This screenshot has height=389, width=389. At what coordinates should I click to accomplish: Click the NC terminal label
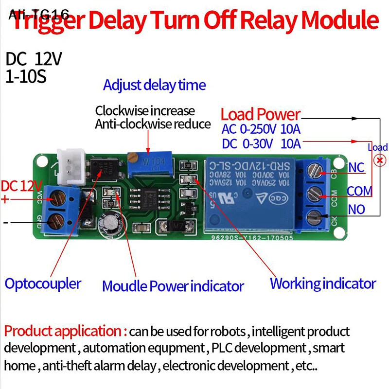coord(356,168)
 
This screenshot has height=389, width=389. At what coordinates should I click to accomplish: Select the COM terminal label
coord(359,191)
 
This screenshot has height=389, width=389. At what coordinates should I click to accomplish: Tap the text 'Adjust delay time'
coord(154,86)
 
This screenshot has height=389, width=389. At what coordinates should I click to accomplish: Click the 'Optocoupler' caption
coord(43,283)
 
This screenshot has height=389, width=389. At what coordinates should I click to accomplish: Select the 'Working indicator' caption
coord(323,283)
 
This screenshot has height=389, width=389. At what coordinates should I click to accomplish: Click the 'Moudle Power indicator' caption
coord(173,286)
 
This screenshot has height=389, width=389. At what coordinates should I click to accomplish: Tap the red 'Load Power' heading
coord(260,115)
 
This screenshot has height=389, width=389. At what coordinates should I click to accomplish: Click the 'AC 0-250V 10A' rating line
coord(261,129)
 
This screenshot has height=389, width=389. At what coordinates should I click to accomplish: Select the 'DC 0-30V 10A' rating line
coord(261,144)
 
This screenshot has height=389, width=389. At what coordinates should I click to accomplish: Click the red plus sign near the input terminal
coord(5,199)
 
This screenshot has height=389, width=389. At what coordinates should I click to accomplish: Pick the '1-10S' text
coord(26,77)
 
